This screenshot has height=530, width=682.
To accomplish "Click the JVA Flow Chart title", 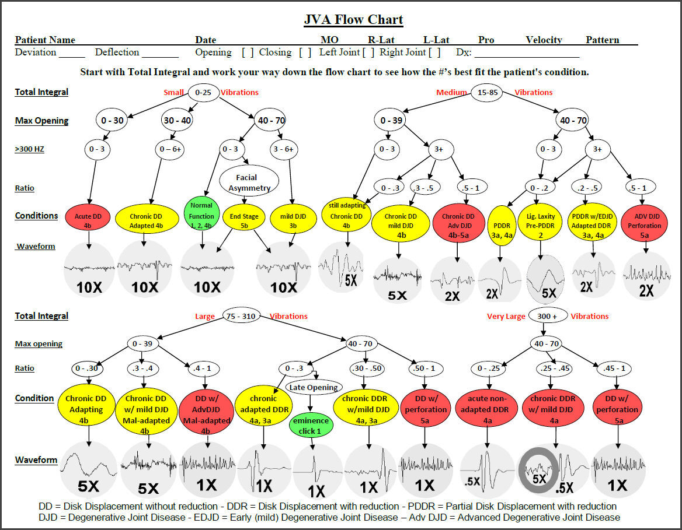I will (x=353, y=20).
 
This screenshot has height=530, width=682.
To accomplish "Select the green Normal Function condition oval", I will (x=201, y=216).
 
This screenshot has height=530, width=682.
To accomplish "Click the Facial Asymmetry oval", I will (x=246, y=182).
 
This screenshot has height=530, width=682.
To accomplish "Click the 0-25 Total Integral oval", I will (x=203, y=92).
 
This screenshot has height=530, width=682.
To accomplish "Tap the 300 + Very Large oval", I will (x=548, y=315).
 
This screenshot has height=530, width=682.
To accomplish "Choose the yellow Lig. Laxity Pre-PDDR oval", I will (x=541, y=221).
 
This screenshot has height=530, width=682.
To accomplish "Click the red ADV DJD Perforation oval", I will (x=645, y=221).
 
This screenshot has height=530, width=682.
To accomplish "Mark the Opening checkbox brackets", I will (x=248, y=52).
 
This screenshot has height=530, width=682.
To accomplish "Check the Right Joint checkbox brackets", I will (x=434, y=52).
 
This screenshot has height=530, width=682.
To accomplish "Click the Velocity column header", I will (x=543, y=40).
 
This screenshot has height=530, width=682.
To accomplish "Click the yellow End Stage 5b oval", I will (x=245, y=220).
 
